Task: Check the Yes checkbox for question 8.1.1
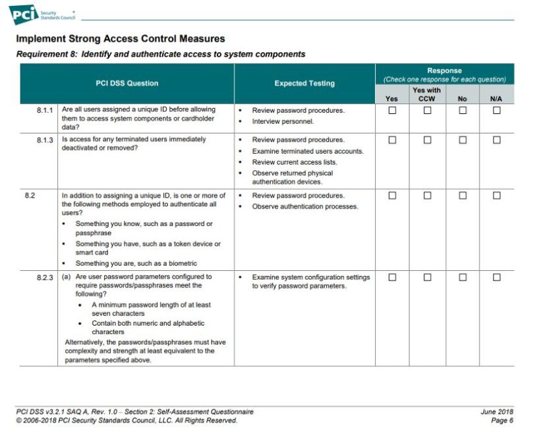(392, 111)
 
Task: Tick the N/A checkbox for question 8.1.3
(496, 140)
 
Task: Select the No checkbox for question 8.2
(463, 196)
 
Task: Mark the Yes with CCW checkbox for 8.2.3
(427, 277)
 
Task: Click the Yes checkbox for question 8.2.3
(392, 277)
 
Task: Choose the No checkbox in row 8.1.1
(463, 111)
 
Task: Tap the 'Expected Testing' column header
(304, 84)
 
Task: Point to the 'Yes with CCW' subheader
(426, 94)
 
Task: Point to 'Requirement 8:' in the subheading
(45, 54)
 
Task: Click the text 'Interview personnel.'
(283, 122)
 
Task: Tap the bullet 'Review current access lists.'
(294, 162)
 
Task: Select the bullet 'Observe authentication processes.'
(304, 207)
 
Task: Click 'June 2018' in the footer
(497, 412)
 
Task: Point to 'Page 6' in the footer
(502, 420)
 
